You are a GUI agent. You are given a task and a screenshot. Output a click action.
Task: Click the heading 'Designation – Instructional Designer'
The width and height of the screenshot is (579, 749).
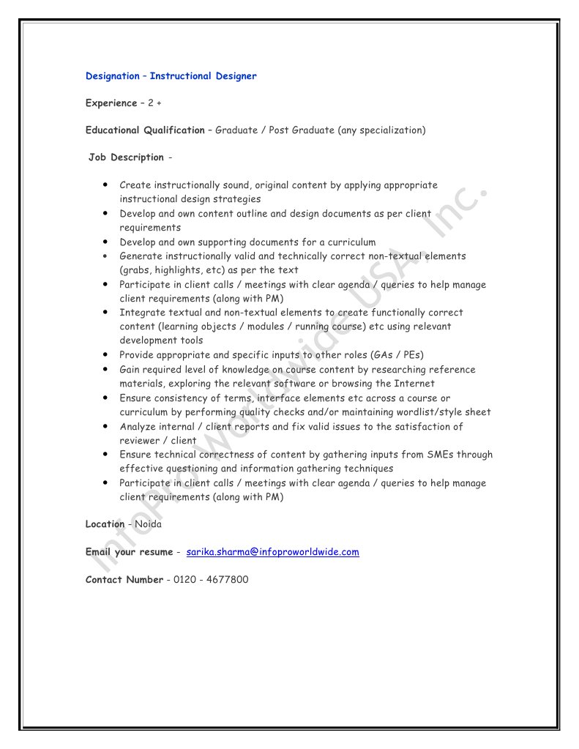(171, 76)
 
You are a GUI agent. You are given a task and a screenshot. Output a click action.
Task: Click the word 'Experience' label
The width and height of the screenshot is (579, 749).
(111, 103)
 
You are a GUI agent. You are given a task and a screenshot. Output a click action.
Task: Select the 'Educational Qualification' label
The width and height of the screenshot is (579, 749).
(145, 130)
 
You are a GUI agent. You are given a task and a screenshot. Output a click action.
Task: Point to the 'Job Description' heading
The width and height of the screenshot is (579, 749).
(127, 157)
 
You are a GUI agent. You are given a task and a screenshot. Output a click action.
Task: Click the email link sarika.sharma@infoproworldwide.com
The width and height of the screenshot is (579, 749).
(272, 552)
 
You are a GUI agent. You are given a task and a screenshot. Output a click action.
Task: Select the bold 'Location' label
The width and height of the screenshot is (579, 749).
(105, 524)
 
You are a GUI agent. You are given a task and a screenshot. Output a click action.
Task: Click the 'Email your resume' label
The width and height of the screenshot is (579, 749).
(129, 552)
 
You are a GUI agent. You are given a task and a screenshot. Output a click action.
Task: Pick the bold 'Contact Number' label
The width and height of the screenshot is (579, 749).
(124, 580)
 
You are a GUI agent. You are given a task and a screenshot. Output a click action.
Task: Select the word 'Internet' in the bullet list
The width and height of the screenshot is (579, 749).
(415, 384)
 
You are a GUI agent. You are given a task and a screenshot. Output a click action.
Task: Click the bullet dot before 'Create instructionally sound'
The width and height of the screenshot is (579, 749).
(107, 185)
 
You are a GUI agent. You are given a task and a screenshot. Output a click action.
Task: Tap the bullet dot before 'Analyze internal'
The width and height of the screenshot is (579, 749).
(107, 426)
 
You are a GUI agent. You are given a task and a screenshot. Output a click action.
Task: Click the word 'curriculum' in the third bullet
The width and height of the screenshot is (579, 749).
(349, 242)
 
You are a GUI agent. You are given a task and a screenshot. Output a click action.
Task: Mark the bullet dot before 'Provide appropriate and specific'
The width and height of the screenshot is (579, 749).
(107, 355)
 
